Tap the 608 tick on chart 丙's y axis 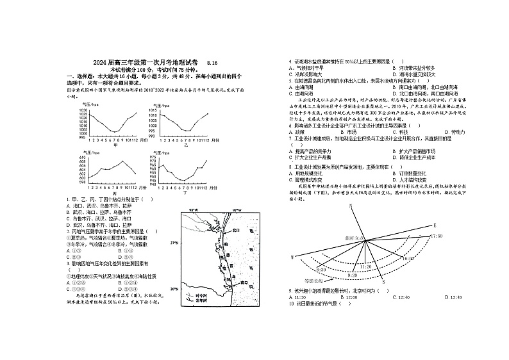[82, 162]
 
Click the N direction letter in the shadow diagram [351, 206]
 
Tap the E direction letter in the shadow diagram [433, 225]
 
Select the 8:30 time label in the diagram [322, 270]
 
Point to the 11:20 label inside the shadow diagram [365, 266]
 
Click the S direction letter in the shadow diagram [383, 281]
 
